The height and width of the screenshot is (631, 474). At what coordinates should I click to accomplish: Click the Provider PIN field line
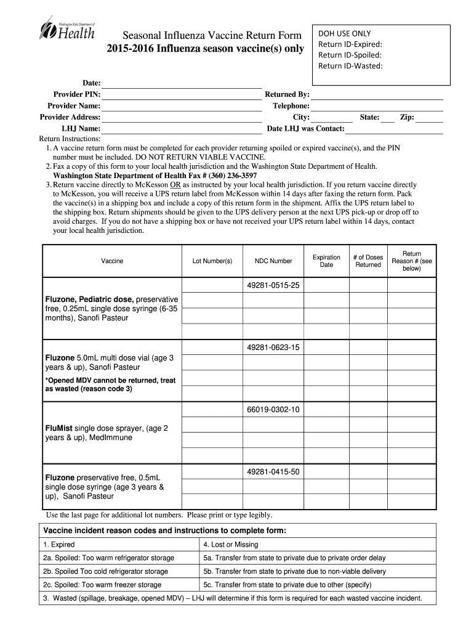[181, 98]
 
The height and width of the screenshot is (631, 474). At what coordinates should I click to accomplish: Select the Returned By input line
[377, 99]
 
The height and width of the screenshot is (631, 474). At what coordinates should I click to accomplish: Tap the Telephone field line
[377, 110]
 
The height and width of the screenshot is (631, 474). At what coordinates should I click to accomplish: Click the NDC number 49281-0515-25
[273, 286]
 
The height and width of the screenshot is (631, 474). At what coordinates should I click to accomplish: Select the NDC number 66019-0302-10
[273, 409]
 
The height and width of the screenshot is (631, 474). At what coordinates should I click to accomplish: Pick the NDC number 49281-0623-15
[273, 348]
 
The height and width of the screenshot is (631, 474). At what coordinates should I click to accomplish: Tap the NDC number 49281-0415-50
[273, 472]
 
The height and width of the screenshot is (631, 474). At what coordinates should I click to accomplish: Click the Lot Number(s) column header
[212, 261]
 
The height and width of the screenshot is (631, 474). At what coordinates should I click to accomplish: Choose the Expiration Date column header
[326, 261]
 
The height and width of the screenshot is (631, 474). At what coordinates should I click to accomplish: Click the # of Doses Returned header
[368, 261]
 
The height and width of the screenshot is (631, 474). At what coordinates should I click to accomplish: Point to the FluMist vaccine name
[60, 428]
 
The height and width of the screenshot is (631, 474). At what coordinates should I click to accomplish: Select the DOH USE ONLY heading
[344, 34]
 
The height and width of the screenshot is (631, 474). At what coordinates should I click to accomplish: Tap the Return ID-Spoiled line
[350, 55]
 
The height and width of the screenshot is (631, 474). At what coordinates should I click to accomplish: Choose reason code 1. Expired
[59, 545]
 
